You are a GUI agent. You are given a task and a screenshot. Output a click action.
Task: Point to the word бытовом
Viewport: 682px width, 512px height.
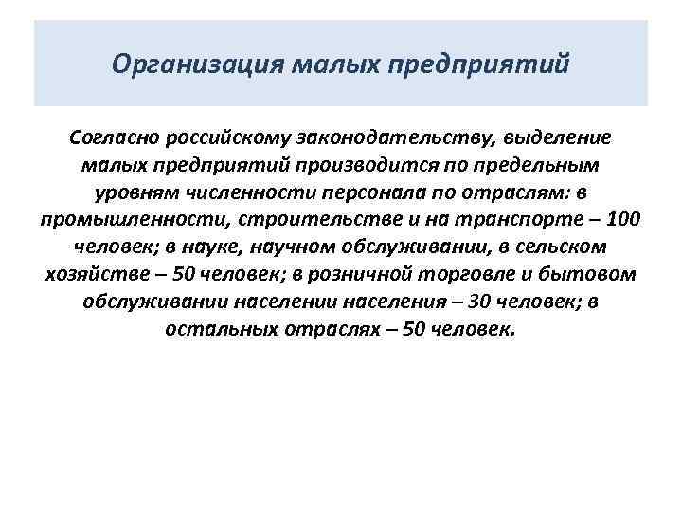593,275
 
